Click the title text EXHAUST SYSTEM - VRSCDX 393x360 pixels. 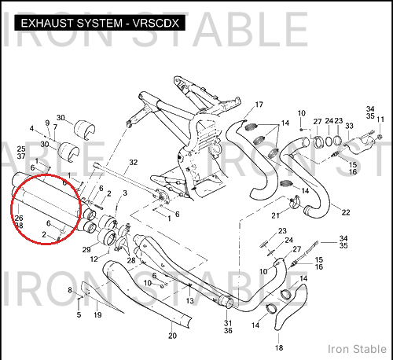tap(100, 23)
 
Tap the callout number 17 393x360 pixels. tap(259, 105)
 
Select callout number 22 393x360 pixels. tap(346, 212)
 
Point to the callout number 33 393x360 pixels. tap(349, 126)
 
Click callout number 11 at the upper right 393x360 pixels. tap(380, 119)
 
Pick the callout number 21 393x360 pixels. tap(275, 215)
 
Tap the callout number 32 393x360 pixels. tap(134, 163)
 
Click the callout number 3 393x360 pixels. tap(125, 193)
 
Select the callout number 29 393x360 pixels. tap(86, 250)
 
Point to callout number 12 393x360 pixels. tap(94, 259)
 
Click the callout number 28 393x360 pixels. tap(131, 260)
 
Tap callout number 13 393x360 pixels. tap(189, 301)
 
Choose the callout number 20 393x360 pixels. tap(172, 336)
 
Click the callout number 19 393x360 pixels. tap(97, 314)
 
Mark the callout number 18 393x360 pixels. tap(279, 347)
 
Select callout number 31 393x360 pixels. tap(228, 323)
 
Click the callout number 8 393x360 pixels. tap(70, 290)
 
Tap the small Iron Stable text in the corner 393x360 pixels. tap(357, 349)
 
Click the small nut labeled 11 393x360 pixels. tap(380, 137)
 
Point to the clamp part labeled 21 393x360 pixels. tap(294, 202)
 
